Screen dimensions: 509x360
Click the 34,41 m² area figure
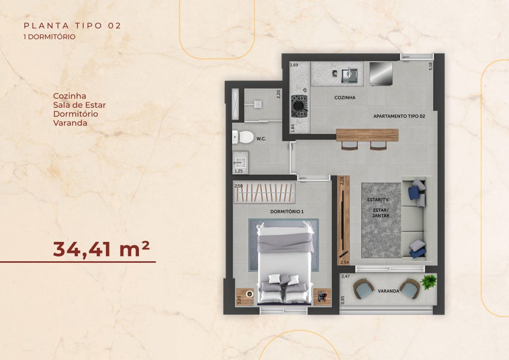click(x=101, y=249)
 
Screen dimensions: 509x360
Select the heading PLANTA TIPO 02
click(x=72, y=25)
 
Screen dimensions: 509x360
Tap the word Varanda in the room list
click(x=70, y=123)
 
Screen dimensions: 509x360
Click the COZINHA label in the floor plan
click(x=345, y=97)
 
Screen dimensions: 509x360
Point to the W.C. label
click(x=261, y=139)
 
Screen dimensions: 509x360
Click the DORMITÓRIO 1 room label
click(x=287, y=212)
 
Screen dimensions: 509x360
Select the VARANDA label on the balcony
click(x=388, y=291)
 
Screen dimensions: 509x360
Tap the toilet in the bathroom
click(x=243, y=137)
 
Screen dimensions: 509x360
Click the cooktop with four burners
click(x=299, y=105)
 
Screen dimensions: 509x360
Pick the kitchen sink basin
click(x=349, y=75)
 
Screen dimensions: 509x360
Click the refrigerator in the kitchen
click(x=381, y=73)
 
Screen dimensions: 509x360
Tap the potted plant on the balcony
click(x=428, y=282)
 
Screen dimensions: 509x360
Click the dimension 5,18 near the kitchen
click(x=431, y=67)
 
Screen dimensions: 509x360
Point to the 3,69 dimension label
click(x=294, y=65)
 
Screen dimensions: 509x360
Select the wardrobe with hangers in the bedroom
click(x=265, y=193)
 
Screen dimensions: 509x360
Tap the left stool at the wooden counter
click(x=349, y=146)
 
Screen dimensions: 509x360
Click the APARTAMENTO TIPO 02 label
click(x=399, y=116)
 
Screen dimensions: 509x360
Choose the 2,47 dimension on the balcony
click(x=346, y=276)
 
